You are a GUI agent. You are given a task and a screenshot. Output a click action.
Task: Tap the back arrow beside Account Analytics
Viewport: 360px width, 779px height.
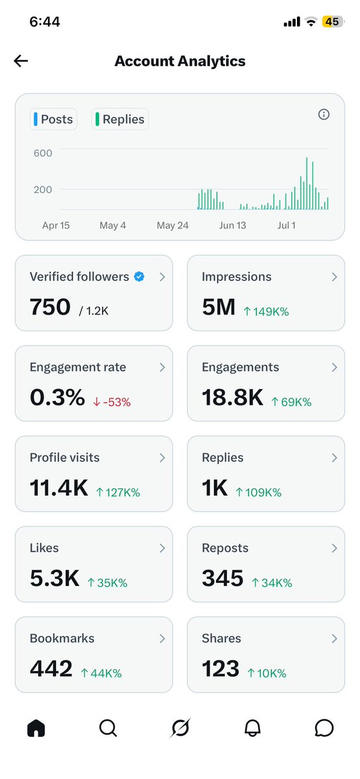[21, 61]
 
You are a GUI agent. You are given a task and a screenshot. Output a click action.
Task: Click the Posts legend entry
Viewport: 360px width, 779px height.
[53, 120]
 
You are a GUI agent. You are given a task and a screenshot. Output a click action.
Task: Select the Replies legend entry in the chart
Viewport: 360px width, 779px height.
[120, 120]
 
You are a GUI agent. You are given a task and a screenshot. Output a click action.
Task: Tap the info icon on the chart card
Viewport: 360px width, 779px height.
[324, 115]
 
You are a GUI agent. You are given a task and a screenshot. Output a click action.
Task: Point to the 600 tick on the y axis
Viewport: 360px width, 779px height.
[43, 153]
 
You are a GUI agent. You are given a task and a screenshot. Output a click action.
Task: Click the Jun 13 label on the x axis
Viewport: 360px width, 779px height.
[233, 225]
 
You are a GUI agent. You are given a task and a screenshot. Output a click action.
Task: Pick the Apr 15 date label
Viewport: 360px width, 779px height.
[56, 225]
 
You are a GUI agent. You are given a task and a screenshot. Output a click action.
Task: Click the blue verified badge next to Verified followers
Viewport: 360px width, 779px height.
[139, 277]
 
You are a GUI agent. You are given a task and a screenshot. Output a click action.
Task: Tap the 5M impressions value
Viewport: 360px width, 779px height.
[218, 307]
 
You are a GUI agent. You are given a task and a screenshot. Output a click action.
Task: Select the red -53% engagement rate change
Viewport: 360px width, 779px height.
[112, 402]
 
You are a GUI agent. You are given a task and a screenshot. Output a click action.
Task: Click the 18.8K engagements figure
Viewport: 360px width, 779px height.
[232, 398]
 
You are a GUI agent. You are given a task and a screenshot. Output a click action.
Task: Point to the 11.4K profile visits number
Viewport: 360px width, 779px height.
[58, 489]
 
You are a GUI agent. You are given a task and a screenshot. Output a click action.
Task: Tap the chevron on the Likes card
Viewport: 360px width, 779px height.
[162, 548]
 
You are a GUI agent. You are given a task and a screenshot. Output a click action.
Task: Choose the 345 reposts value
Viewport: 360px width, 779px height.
[222, 579]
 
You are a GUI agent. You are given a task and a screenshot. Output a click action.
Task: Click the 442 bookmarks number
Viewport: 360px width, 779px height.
[51, 669]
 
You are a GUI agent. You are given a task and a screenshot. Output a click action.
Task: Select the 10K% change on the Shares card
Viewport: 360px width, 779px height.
[266, 674]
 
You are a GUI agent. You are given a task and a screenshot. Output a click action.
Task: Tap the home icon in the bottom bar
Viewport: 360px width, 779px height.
[36, 728]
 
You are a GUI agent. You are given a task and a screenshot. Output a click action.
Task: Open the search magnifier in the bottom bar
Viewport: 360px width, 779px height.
[108, 728]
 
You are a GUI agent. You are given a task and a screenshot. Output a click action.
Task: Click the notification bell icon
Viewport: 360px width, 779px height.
[253, 728]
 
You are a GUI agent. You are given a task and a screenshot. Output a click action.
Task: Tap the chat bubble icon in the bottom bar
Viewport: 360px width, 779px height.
[324, 728]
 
